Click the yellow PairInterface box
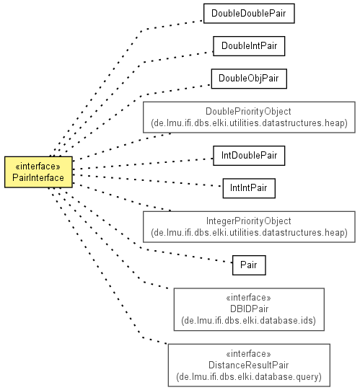[38, 172]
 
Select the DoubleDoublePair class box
[249, 14]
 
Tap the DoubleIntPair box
[249, 46]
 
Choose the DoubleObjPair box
[249, 79]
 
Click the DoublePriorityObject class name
[248, 112]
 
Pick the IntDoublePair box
[249, 156]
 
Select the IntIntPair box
[249, 188]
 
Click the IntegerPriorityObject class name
[248, 221]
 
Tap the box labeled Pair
[249, 265]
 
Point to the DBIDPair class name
[249, 309]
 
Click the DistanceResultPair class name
[248, 365]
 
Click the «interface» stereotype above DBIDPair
[248, 298]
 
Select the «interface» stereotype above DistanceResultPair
[248, 354]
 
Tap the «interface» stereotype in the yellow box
[38, 166]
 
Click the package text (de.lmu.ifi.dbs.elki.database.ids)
[248, 320]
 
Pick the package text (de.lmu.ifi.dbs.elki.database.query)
[249, 376]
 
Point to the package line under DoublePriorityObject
[249, 123]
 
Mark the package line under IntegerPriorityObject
[249, 233]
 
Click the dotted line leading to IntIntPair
[147, 180]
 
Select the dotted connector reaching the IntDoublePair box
[143, 164]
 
